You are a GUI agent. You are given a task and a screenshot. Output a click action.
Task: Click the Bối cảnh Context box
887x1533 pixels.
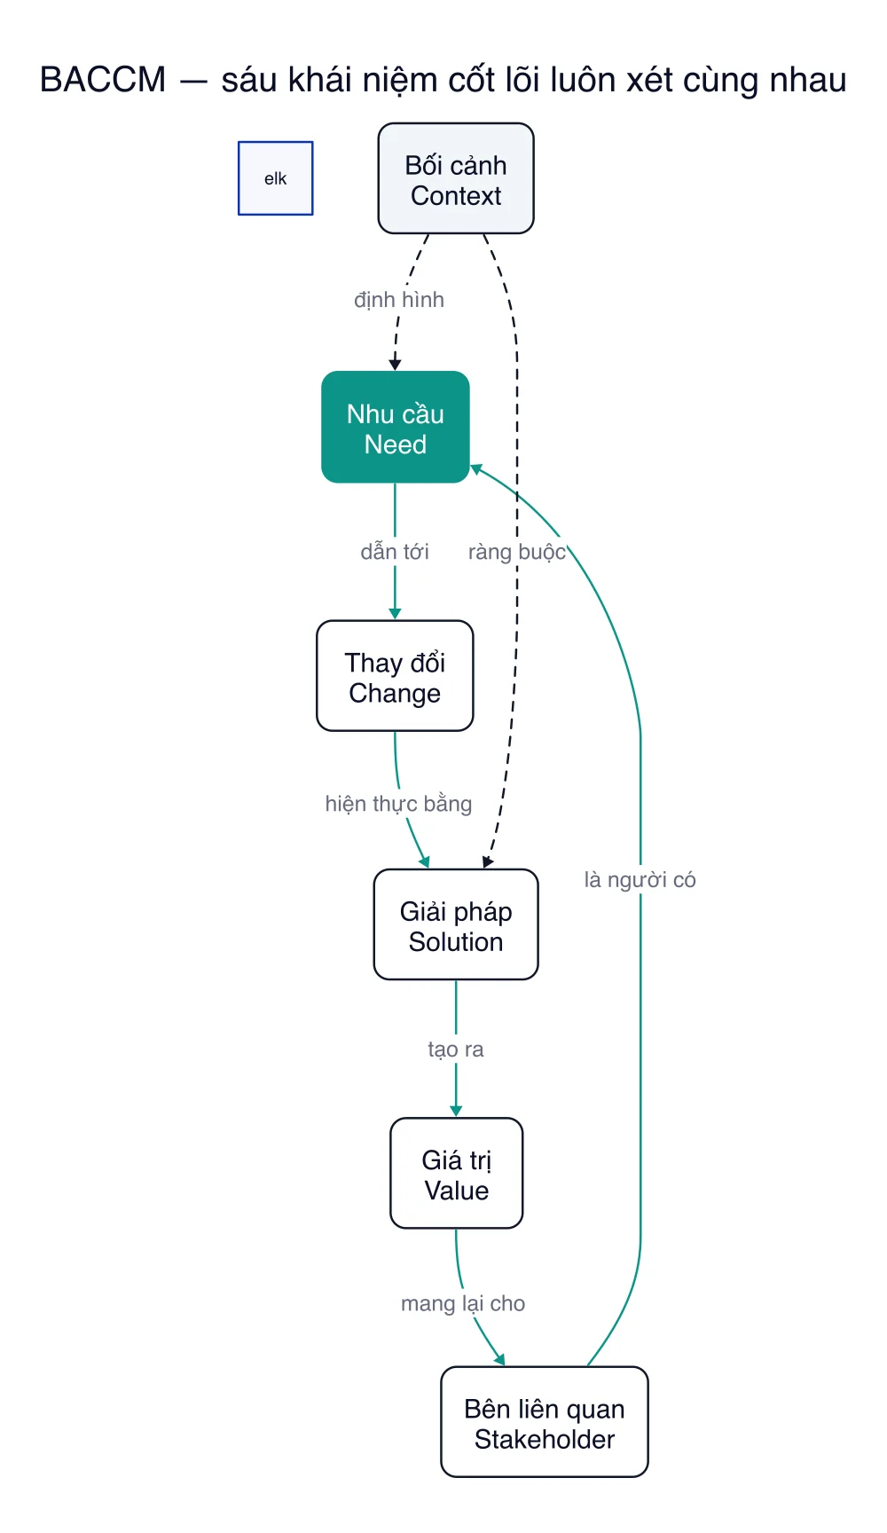pos(456,178)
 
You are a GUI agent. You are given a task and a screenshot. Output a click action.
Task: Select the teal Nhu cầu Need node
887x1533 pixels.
pos(396,427)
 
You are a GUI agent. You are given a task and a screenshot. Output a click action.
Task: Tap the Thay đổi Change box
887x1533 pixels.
pos(395,676)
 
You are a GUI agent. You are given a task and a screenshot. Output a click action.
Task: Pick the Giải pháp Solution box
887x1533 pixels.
pos(456,924)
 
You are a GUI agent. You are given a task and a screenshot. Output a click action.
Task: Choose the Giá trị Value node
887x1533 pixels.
pos(457,1173)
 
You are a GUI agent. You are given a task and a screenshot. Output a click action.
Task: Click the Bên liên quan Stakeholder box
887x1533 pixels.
pos(545,1422)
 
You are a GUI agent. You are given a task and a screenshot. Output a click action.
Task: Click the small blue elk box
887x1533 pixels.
pos(276,178)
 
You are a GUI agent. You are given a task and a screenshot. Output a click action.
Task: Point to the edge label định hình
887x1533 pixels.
pos(399,300)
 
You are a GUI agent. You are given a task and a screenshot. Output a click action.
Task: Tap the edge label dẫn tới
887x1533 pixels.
pos(395,552)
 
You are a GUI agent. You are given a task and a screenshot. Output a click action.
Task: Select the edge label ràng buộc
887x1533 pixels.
pos(517,552)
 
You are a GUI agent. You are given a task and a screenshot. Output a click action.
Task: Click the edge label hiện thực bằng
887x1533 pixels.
pos(398,804)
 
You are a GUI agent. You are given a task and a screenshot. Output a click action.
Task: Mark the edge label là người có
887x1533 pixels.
pos(640,880)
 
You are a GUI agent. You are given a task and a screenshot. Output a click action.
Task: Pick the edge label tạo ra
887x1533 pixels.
pos(456,1050)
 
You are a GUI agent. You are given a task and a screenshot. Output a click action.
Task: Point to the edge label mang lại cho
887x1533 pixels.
pos(463,1303)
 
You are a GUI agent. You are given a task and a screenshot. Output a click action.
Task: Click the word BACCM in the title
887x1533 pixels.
pos(103,80)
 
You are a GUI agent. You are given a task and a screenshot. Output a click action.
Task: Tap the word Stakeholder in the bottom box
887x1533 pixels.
pos(545,1439)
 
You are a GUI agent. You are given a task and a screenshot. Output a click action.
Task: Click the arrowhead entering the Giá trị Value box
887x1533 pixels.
pos(456,1111)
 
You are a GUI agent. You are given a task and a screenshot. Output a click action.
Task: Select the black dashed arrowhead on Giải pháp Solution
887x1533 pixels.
pos(487,861)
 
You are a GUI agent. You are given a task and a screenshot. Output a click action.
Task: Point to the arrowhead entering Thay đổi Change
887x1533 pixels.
pos(395,614)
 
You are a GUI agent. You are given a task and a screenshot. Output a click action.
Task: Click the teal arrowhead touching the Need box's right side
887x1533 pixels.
pos(476,469)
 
